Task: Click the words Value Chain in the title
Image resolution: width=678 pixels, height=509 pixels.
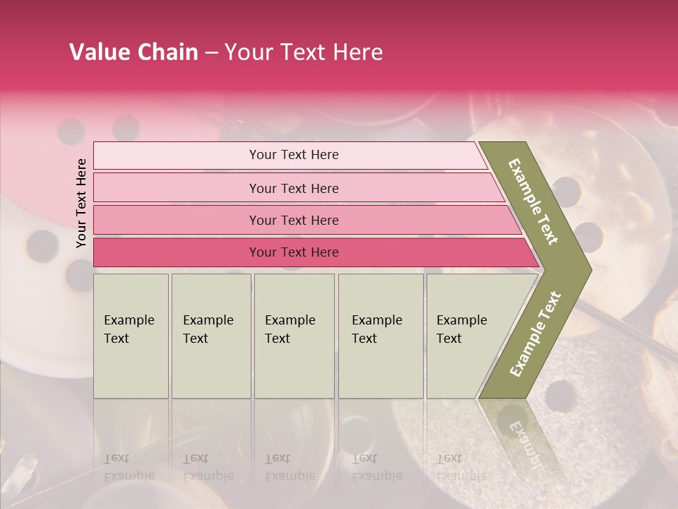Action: pyautogui.click(x=133, y=52)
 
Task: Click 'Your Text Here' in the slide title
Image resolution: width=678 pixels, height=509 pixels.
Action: pyautogui.click(x=304, y=52)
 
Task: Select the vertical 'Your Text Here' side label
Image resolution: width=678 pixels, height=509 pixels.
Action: pyautogui.click(x=81, y=203)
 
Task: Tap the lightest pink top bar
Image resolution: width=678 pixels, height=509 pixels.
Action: pyautogui.click(x=177, y=156)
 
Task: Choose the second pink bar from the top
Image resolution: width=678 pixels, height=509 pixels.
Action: pyautogui.click(x=177, y=188)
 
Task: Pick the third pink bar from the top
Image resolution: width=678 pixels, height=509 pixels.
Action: pyautogui.click(x=177, y=220)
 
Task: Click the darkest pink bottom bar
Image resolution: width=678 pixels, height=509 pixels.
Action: pyautogui.click(x=177, y=252)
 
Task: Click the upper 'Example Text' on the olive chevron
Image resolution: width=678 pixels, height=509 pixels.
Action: pyautogui.click(x=533, y=201)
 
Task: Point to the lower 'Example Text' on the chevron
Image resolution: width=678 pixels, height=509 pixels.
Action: pyautogui.click(x=535, y=334)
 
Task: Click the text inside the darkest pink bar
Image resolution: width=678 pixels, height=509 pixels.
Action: pyautogui.click(x=294, y=252)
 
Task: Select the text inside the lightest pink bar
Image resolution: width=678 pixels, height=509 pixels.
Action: pyautogui.click(x=294, y=155)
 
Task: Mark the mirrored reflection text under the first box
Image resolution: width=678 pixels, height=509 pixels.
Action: pyautogui.click(x=129, y=467)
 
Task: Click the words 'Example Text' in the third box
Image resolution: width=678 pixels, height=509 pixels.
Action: pyautogui.click(x=290, y=329)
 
